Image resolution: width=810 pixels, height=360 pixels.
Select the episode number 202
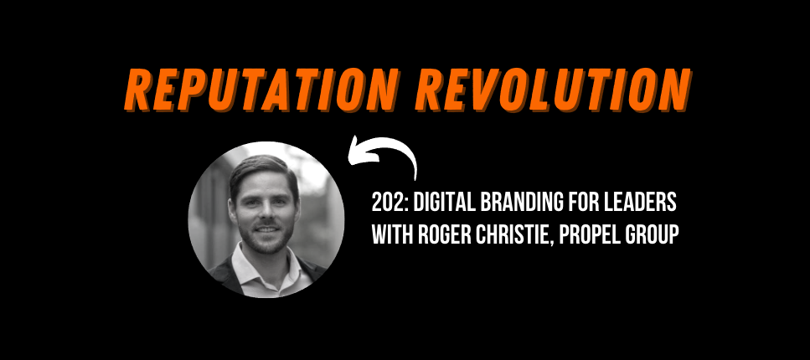389,204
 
